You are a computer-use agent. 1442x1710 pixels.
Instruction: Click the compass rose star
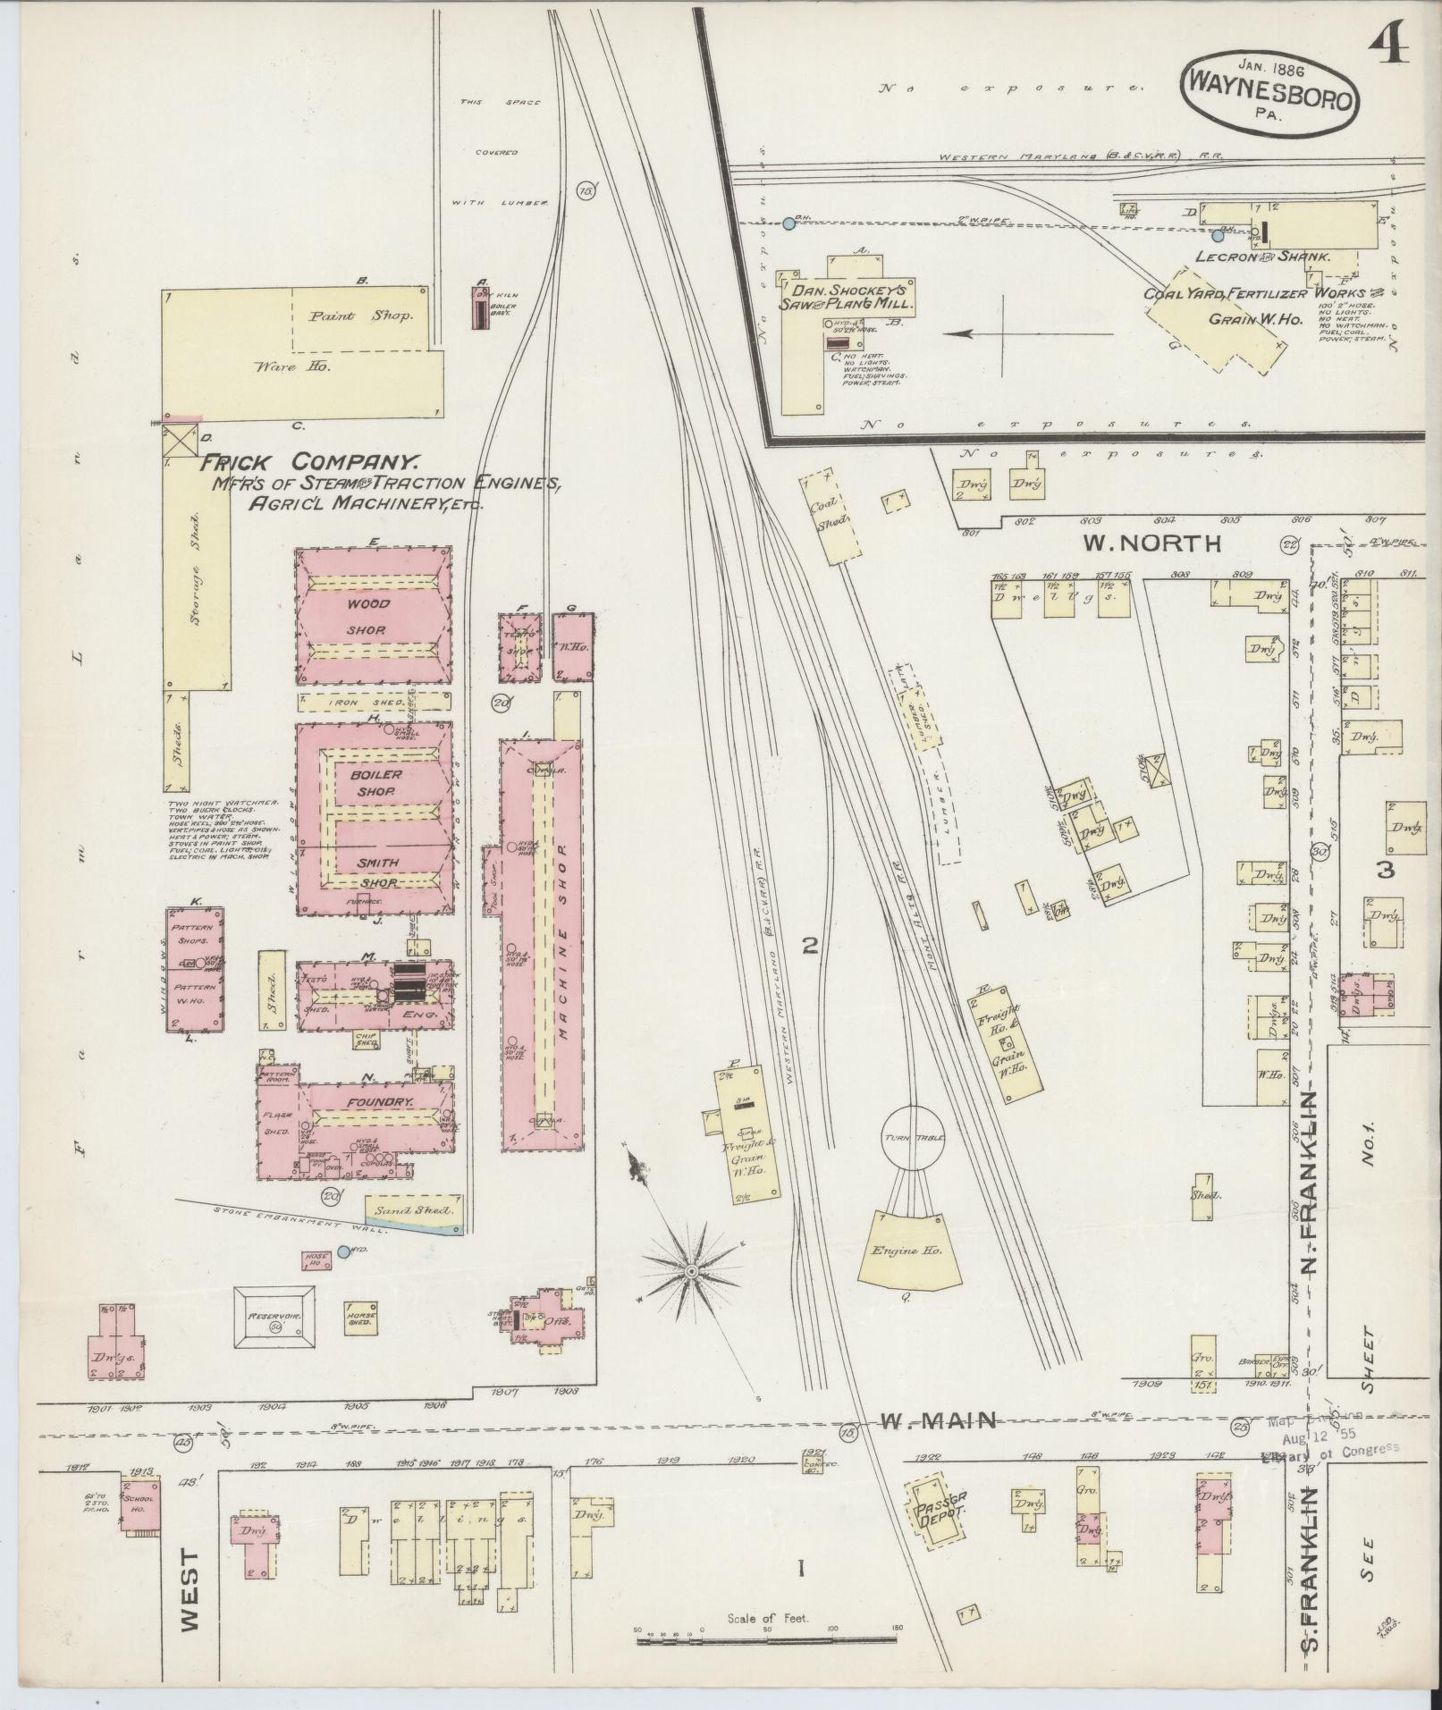[690, 1269]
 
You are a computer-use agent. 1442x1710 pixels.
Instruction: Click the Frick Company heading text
[309, 462]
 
